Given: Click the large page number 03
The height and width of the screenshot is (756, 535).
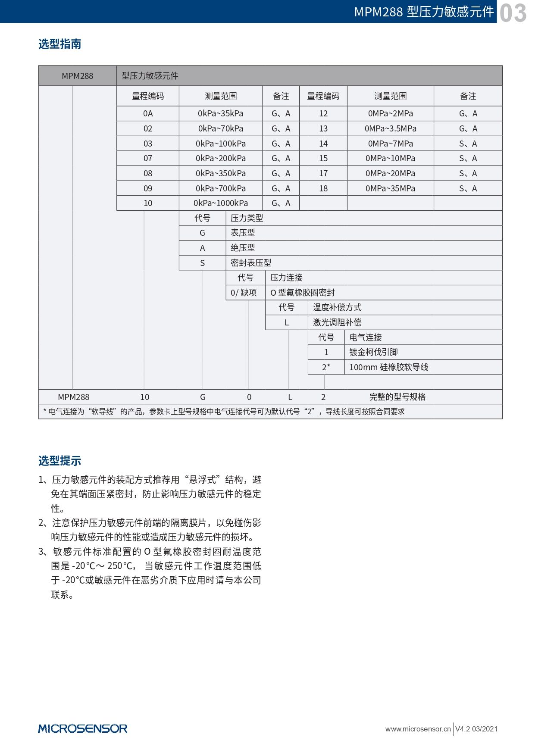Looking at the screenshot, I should [x=513, y=12].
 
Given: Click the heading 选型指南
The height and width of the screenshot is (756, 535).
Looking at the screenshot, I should [x=59, y=44].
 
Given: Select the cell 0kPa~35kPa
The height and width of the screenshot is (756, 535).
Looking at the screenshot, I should [x=220, y=114].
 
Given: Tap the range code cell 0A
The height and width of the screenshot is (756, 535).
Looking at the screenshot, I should [x=148, y=114].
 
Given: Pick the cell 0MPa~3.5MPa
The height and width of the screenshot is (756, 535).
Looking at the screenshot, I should [x=390, y=128].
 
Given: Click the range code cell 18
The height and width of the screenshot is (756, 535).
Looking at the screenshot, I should [x=323, y=188].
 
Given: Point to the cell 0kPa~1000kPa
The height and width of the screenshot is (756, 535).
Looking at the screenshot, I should [x=220, y=203].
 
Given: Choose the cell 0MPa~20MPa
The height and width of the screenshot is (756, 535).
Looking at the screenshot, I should [x=390, y=173].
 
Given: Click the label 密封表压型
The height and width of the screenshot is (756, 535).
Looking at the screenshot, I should [x=251, y=263].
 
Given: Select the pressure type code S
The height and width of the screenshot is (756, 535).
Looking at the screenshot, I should [x=202, y=263].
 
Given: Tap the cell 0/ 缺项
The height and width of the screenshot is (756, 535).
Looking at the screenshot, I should [x=244, y=293].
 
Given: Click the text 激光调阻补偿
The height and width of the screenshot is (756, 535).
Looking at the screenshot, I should [x=337, y=322].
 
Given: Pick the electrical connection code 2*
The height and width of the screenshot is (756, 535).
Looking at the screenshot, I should [x=326, y=367].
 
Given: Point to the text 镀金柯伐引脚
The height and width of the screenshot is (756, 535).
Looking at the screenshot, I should [x=373, y=352].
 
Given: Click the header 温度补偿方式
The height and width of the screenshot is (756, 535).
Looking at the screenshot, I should [x=337, y=307].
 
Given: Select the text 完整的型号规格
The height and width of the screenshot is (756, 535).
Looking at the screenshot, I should [x=397, y=397].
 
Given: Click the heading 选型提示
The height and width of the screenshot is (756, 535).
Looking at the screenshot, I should [x=59, y=461].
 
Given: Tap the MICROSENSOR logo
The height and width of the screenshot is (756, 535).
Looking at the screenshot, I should [x=83, y=728].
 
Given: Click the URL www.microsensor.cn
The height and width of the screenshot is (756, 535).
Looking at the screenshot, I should [x=418, y=729].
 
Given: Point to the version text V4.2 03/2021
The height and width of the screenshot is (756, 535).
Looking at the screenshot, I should [x=476, y=729].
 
